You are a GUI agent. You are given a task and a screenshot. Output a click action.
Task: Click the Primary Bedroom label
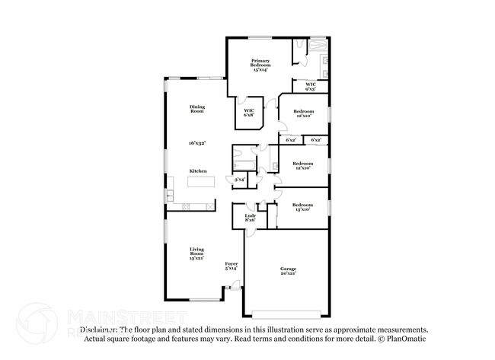click(x=261, y=65)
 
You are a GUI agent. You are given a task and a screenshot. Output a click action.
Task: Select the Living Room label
click(x=197, y=253)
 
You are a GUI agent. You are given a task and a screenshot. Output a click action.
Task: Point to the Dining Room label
click(x=197, y=109)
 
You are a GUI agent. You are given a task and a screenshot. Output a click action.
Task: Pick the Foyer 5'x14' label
click(x=231, y=266)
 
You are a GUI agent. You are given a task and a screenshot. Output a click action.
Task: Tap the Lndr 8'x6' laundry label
click(x=250, y=218)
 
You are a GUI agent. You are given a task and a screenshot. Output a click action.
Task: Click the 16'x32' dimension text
click(x=197, y=142)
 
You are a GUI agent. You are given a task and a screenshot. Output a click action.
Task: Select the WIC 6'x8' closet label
click(x=249, y=113)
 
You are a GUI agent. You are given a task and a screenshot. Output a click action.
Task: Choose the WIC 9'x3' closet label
click(x=311, y=86)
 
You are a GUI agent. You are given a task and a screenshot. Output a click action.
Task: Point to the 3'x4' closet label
click(x=239, y=180)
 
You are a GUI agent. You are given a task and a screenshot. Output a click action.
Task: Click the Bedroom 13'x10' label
click(x=303, y=206)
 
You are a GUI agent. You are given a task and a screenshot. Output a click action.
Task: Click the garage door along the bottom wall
click(x=286, y=314)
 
